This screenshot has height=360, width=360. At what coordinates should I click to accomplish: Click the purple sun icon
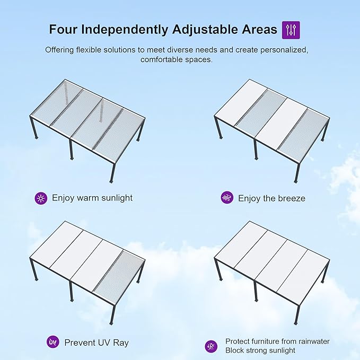click(x=41, y=198)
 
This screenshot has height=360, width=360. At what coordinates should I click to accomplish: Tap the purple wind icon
click(x=227, y=198)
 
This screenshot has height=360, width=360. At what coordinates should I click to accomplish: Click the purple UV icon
click(x=52, y=342)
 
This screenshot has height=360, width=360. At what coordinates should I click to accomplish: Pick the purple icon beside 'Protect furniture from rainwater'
click(x=211, y=346)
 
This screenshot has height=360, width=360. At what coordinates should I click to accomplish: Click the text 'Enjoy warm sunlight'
click(x=92, y=198)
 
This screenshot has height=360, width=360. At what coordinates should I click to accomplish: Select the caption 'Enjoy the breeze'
click(x=271, y=198)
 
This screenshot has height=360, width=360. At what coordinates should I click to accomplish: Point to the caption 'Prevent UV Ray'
click(x=96, y=343)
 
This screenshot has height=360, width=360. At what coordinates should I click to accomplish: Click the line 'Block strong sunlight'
click(x=260, y=350)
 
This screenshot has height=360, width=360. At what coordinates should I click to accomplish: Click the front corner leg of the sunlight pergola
click(x=113, y=172)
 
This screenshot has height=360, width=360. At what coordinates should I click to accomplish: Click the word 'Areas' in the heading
click(x=258, y=30)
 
